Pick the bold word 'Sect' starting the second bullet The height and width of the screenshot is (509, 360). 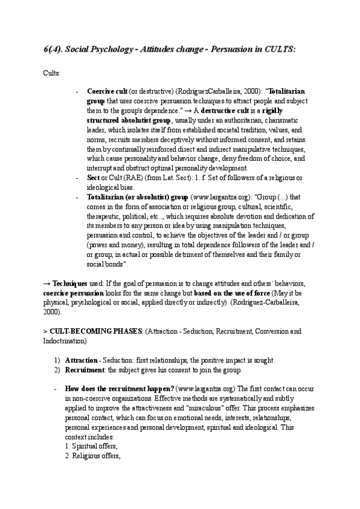pyautogui.click(x=93, y=178)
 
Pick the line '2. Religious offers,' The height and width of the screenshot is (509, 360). pyautogui.click(x=93, y=456)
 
